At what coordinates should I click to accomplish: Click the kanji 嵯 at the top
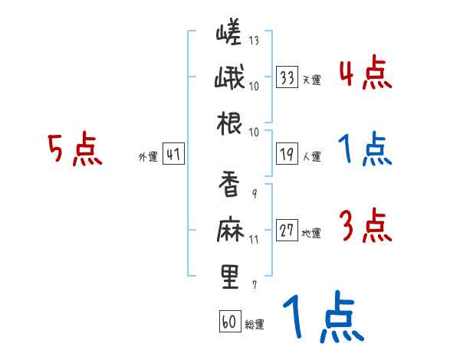coord(229,34)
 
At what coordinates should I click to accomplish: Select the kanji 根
coord(229,125)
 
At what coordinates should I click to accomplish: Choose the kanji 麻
coord(229,229)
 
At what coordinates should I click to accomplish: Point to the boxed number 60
coord(229,321)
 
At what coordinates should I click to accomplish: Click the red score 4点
coord(365,75)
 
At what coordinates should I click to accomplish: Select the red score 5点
coord(74,150)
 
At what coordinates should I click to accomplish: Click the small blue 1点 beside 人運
coord(365,150)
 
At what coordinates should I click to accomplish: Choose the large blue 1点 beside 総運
coord(322,318)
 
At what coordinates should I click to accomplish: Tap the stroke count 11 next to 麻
coord(254,239)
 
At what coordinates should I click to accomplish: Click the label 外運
coord(146,157)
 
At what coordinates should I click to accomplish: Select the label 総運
coord(255,325)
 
